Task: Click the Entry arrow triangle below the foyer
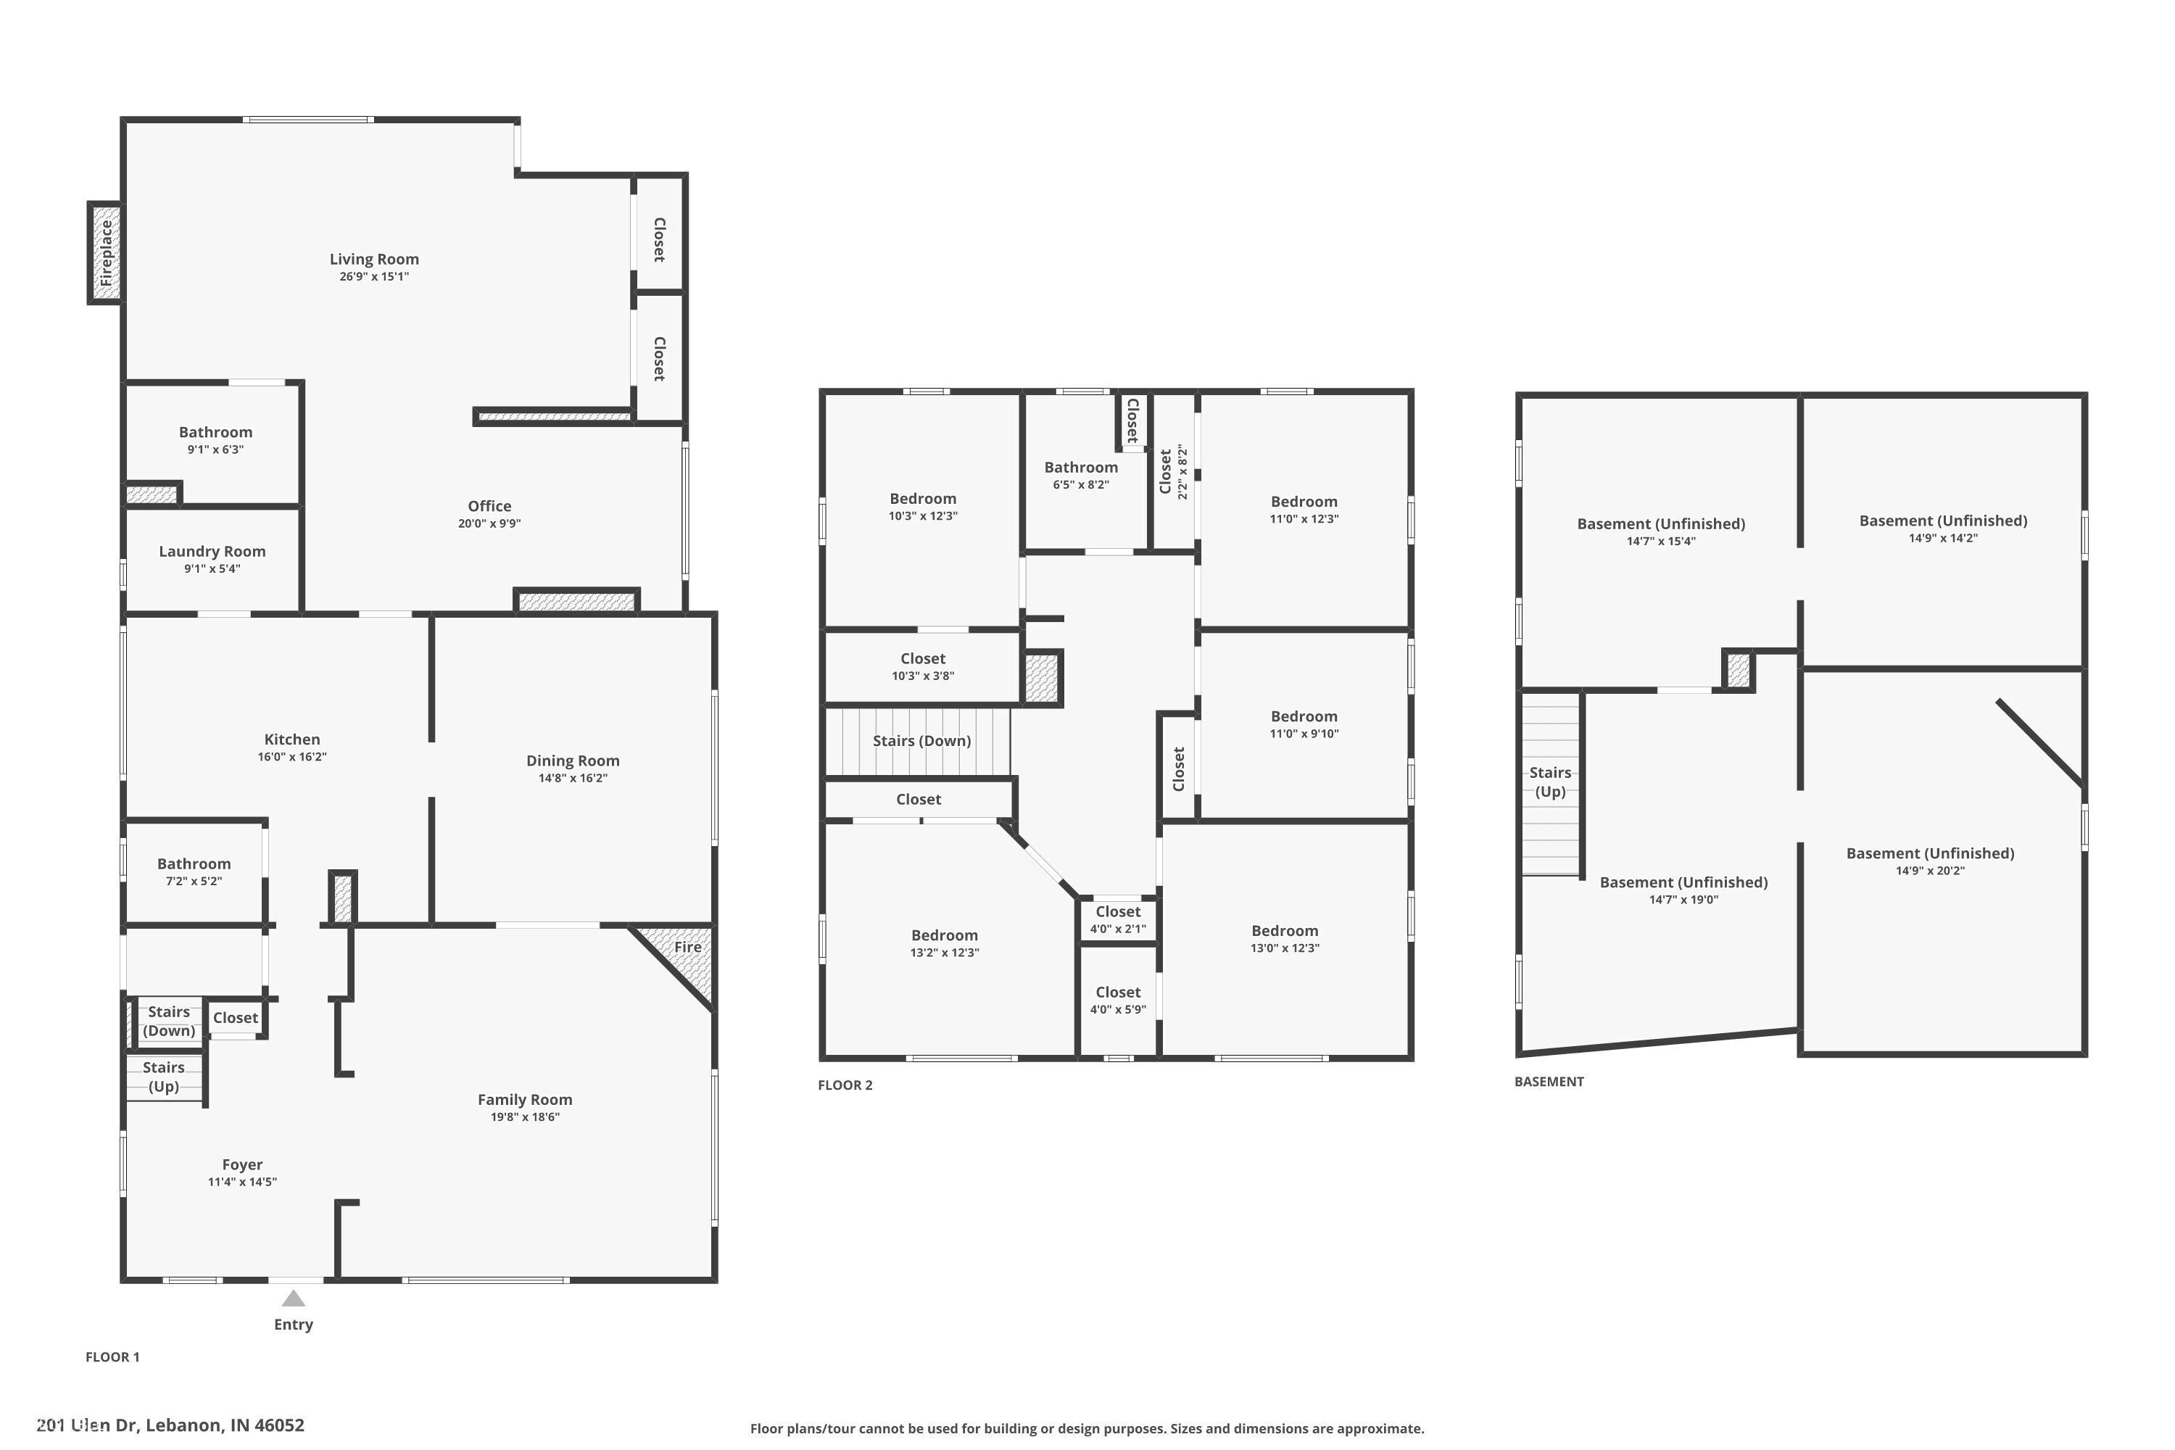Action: click(293, 1298)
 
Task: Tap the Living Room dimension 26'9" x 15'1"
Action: click(373, 276)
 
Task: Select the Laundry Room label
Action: click(212, 551)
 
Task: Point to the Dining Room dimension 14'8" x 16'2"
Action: click(573, 778)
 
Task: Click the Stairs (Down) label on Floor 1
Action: click(168, 1021)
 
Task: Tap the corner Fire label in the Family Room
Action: click(687, 947)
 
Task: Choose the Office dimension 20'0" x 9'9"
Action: click(489, 523)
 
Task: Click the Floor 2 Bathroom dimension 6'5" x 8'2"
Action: click(1080, 484)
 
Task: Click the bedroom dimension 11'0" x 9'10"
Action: click(1303, 733)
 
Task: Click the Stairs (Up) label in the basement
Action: click(1550, 782)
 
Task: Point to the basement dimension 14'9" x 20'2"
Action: click(1929, 870)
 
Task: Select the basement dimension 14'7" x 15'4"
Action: click(1660, 541)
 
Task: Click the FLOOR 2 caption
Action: click(845, 1085)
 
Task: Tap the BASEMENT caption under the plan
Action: click(1548, 1081)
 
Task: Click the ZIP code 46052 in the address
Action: click(278, 1425)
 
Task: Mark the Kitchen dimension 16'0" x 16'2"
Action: click(291, 756)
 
